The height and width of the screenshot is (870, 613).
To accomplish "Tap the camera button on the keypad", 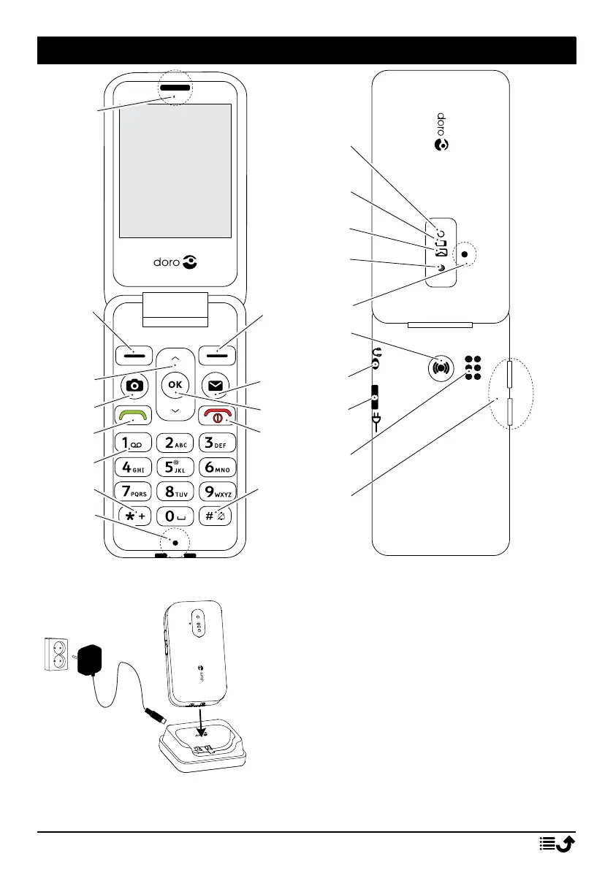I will tap(136, 385).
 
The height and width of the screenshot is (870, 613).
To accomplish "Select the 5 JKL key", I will tap(175, 465).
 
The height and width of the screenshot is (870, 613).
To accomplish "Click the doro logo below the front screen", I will tap(175, 262).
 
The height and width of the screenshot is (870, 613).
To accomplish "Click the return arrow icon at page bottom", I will tap(557, 844).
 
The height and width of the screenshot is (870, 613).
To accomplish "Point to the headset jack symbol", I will tap(377, 358).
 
